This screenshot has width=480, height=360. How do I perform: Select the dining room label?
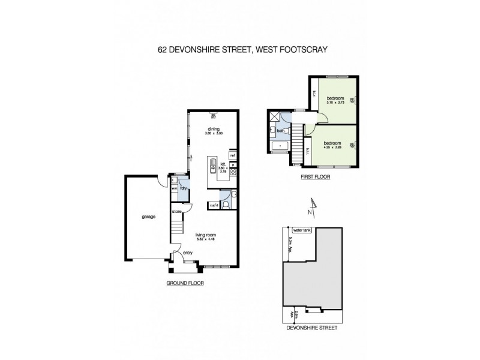click(213, 128)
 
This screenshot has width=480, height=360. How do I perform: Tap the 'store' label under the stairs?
click(176, 212)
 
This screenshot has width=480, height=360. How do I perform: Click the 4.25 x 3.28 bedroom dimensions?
click(332, 148)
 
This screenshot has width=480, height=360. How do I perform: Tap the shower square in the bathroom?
click(274, 118)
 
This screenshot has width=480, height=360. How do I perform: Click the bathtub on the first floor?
click(280, 146)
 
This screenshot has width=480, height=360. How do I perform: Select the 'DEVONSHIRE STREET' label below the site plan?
click(311, 328)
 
